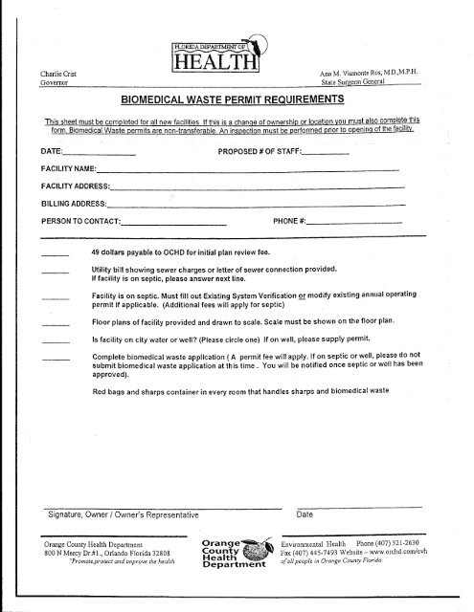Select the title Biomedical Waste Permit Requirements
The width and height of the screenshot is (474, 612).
pos(236,99)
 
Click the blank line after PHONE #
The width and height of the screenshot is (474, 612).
pos(355,222)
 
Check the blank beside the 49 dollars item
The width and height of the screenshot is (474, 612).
pos(56,255)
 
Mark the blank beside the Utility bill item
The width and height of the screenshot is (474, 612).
pos(56,275)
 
